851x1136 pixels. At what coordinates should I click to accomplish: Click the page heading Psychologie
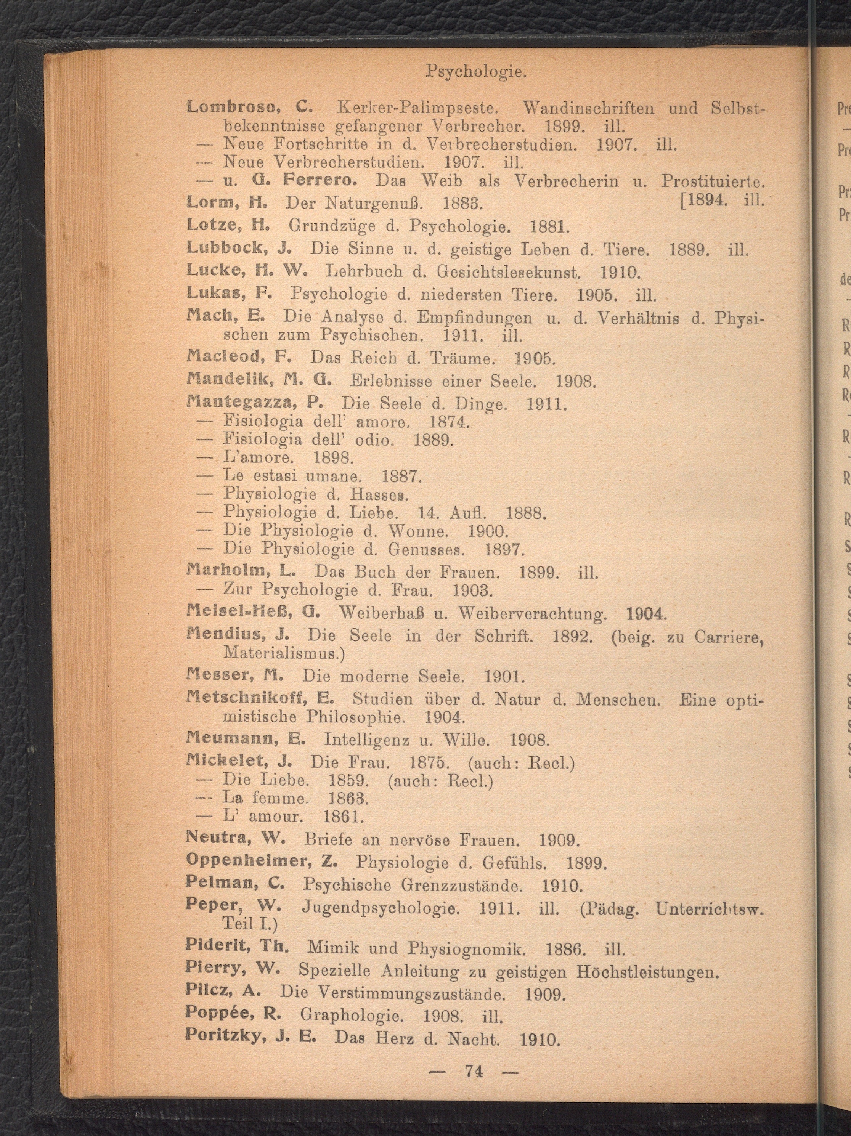[x=476, y=72]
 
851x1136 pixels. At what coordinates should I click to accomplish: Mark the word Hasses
[x=379, y=494]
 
